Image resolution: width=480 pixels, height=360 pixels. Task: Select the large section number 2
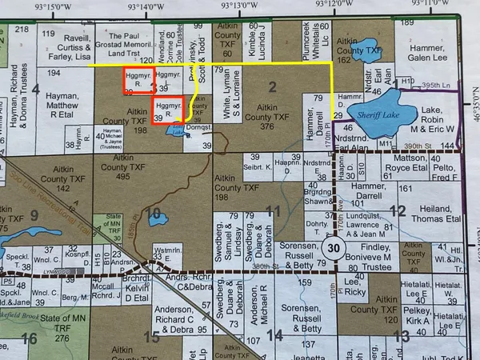(x=272, y=86)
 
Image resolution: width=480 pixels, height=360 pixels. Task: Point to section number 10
(x=156, y=214)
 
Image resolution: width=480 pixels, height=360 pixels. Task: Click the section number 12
(x=397, y=210)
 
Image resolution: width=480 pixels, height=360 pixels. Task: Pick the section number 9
(x=34, y=214)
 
